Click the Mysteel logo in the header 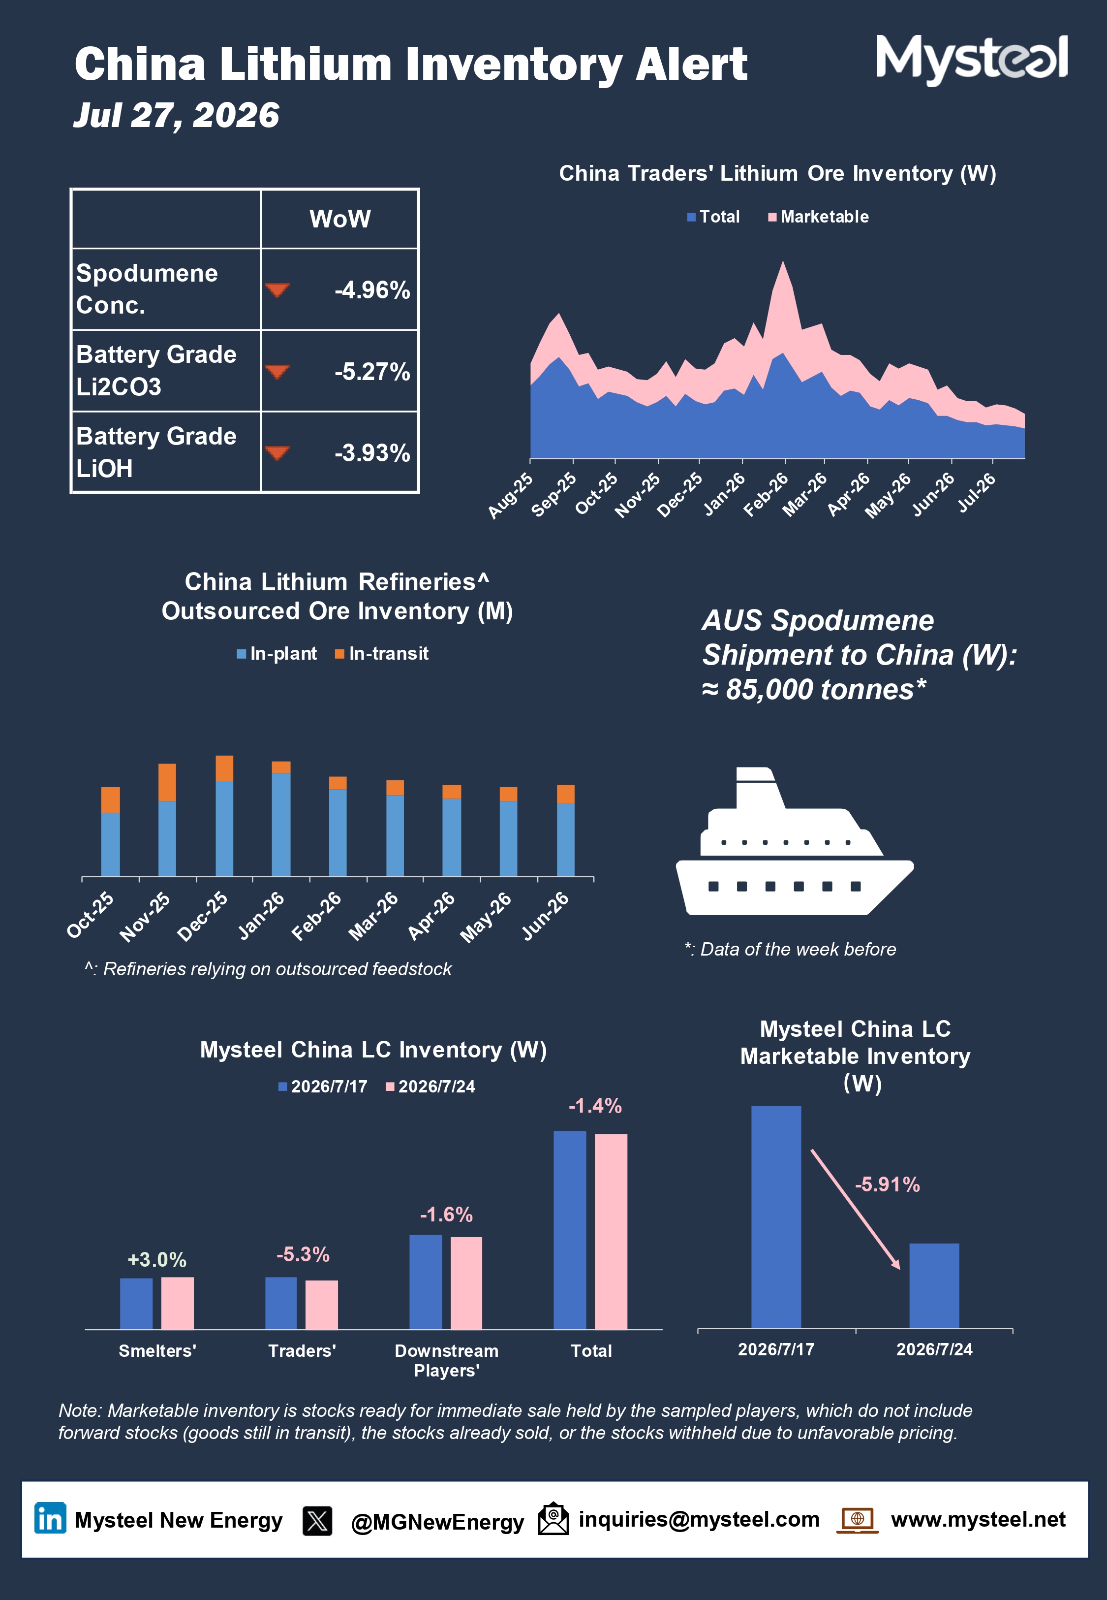[972, 59]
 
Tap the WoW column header [340, 219]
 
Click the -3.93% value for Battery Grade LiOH [372, 453]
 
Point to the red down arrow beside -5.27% [277, 372]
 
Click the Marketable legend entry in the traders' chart [819, 217]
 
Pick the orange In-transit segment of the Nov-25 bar [167, 782]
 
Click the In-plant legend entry [277, 654]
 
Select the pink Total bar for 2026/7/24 [611, 1232]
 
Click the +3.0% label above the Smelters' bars [157, 1259]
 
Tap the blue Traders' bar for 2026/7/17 [281, 1303]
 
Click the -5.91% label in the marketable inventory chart [887, 1184]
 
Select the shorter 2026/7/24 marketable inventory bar [934, 1286]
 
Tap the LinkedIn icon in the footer [51, 1519]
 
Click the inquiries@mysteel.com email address [699, 1520]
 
